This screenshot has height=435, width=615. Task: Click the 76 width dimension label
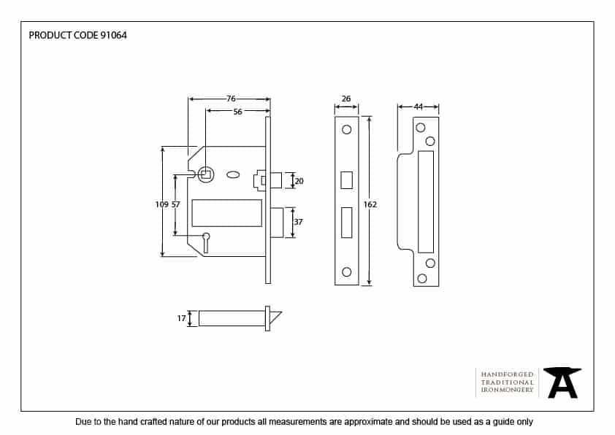[230, 99]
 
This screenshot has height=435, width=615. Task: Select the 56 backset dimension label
[238, 112]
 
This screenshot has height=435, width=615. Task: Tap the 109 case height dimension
[161, 204]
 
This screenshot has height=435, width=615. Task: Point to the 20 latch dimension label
[299, 180]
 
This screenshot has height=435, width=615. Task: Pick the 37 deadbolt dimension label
[299, 222]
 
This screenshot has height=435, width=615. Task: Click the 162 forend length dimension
[370, 204]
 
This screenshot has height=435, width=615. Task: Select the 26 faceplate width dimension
[346, 99]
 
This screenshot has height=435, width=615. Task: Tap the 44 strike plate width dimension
[419, 107]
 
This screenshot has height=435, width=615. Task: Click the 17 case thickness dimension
[182, 318]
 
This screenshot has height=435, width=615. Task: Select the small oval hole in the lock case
[234, 174]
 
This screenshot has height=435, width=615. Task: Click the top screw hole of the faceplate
[346, 130]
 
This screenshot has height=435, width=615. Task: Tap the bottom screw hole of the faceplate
[346, 272]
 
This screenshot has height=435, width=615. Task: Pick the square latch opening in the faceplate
[346, 180]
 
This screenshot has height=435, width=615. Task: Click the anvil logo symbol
[563, 382]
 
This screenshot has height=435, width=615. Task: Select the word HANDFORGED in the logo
[508, 374]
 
